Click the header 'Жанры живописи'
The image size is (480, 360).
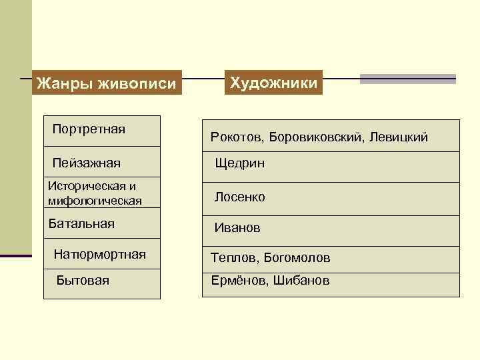107,84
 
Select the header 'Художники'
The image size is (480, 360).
274,83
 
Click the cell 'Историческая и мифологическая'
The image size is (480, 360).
95,193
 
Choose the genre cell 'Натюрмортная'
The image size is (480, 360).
99,254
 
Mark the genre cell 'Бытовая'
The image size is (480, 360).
83,281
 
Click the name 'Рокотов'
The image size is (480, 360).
237,137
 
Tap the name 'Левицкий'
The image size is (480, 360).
403,137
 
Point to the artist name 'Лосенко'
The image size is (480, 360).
239,197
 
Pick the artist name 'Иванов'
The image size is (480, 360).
237,228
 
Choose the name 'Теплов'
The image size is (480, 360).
233,257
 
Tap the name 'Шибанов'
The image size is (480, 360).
301,281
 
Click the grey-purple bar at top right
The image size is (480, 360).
407,79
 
